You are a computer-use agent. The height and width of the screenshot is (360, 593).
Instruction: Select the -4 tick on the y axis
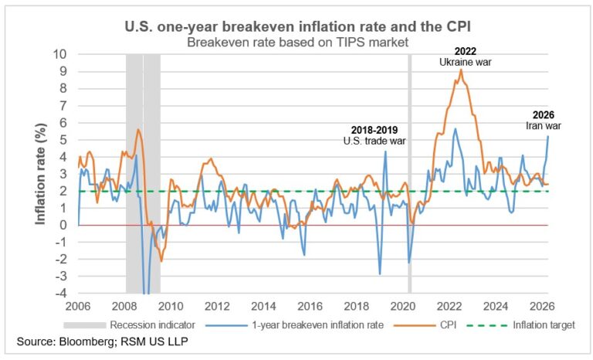[x=62, y=294]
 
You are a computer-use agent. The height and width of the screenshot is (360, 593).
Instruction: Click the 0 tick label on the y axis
[x=66, y=225]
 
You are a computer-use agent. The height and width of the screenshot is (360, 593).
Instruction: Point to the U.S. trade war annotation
[x=374, y=141]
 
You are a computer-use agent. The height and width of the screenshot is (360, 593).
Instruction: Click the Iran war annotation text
[x=548, y=126]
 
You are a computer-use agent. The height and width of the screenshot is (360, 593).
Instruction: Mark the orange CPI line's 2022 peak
[x=461, y=70]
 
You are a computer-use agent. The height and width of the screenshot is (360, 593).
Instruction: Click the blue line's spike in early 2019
[x=385, y=151]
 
